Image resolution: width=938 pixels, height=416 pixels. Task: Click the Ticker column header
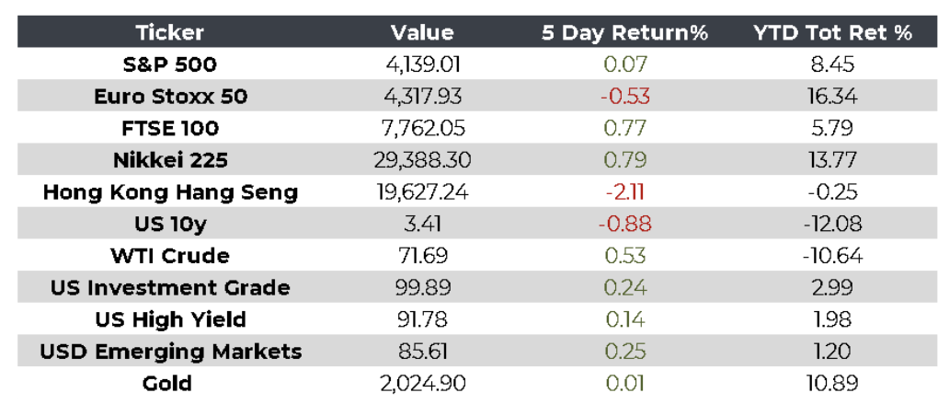coord(170,33)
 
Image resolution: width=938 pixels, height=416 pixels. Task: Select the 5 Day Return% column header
coord(624,33)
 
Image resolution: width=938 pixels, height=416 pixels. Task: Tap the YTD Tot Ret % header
coord(833,33)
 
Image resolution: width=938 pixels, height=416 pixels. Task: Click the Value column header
coord(422,33)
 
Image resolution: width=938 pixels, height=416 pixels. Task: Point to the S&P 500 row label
coord(170,65)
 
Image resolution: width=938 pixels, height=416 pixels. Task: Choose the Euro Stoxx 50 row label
coord(170,97)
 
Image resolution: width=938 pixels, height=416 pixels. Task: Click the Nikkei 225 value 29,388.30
coord(422,160)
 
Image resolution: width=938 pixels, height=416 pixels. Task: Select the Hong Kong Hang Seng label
coord(170,192)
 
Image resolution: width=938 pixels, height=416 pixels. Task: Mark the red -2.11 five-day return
coord(624,192)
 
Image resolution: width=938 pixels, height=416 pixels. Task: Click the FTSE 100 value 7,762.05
coord(422,129)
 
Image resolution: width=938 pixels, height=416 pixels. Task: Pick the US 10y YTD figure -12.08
coord(833,224)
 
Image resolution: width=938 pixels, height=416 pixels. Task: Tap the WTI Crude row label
coord(170,256)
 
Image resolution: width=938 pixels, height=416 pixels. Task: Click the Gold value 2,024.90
coord(422,383)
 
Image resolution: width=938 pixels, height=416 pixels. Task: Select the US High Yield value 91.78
coord(422,319)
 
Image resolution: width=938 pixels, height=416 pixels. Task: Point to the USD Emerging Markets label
coord(170,351)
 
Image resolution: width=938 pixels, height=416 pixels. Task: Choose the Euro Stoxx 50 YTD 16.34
coord(833,97)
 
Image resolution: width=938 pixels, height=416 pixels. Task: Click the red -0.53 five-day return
coord(624,97)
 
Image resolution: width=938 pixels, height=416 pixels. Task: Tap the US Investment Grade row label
coord(170,287)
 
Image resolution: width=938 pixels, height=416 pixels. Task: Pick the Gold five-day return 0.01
coord(624,383)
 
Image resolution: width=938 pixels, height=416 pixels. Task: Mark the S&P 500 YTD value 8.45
coord(833,65)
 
